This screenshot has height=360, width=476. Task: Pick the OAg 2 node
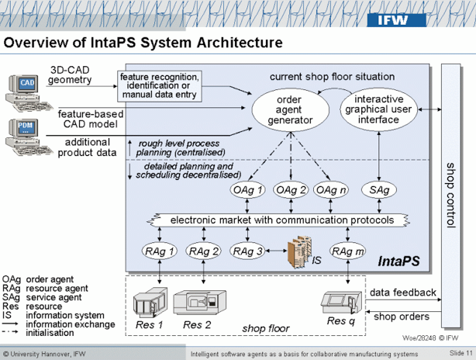pos(291,190)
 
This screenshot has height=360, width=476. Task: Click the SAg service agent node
pos(380,190)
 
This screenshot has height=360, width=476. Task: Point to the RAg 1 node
pos(160,251)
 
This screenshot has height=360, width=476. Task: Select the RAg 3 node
pos(247,251)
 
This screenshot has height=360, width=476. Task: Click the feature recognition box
pos(160,85)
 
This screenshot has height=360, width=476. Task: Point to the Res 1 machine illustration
pos(150,303)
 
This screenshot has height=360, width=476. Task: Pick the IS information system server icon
pos(298,253)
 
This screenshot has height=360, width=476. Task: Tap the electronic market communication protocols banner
pos(282,220)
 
